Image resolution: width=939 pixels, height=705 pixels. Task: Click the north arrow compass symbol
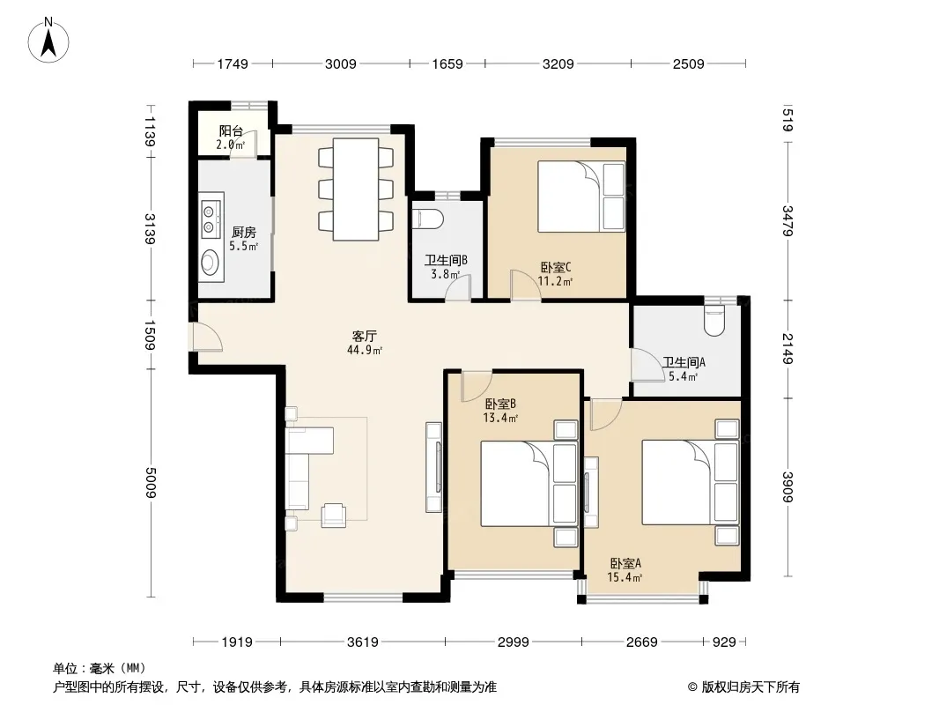pyautogui.click(x=48, y=40)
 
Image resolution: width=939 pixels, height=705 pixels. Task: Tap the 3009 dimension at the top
pyautogui.click(x=341, y=63)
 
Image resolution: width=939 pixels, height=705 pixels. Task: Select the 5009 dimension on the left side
pyautogui.click(x=150, y=482)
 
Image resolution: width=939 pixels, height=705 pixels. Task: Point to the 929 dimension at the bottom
pyautogui.click(x=724, y=642)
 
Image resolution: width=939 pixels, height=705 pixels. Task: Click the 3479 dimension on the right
pyautogui.click(x=787, y=220)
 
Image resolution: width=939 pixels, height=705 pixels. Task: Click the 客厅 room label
pyautogui.click(x=364, y=336)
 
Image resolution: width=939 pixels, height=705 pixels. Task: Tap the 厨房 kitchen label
pyautogui.click(x=244, y=232)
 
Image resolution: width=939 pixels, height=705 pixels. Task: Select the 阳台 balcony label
pyautogui.click(x=231, y=130)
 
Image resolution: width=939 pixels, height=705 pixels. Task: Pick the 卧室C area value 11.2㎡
pyautogui.click(x=555, y=281)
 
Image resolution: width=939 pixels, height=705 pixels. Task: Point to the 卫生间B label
pyautogui.click(x=446, y=260)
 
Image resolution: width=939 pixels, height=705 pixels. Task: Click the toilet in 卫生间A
pyautogui.click(x=714, y=320)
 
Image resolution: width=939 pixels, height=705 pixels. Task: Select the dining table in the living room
pyautogui.click(x=356, y=189)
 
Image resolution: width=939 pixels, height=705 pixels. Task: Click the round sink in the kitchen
pyautogui.click(x=211, y=262)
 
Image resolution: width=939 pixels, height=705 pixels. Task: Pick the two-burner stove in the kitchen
pyautogui.click(x=210, y=219)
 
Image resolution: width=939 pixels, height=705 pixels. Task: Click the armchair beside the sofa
pyautogui.click(x=334, y=516)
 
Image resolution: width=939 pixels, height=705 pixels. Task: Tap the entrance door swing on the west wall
pyautogui.click(x=207, y=337)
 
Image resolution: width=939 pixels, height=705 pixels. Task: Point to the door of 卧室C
pyautogui.click(x=525, y=285)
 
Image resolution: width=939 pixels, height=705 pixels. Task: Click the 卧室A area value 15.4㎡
pyautogui.click(x=625, y=577)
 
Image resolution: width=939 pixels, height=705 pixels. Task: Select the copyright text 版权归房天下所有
pyautogui.click(x=750, y=687)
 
